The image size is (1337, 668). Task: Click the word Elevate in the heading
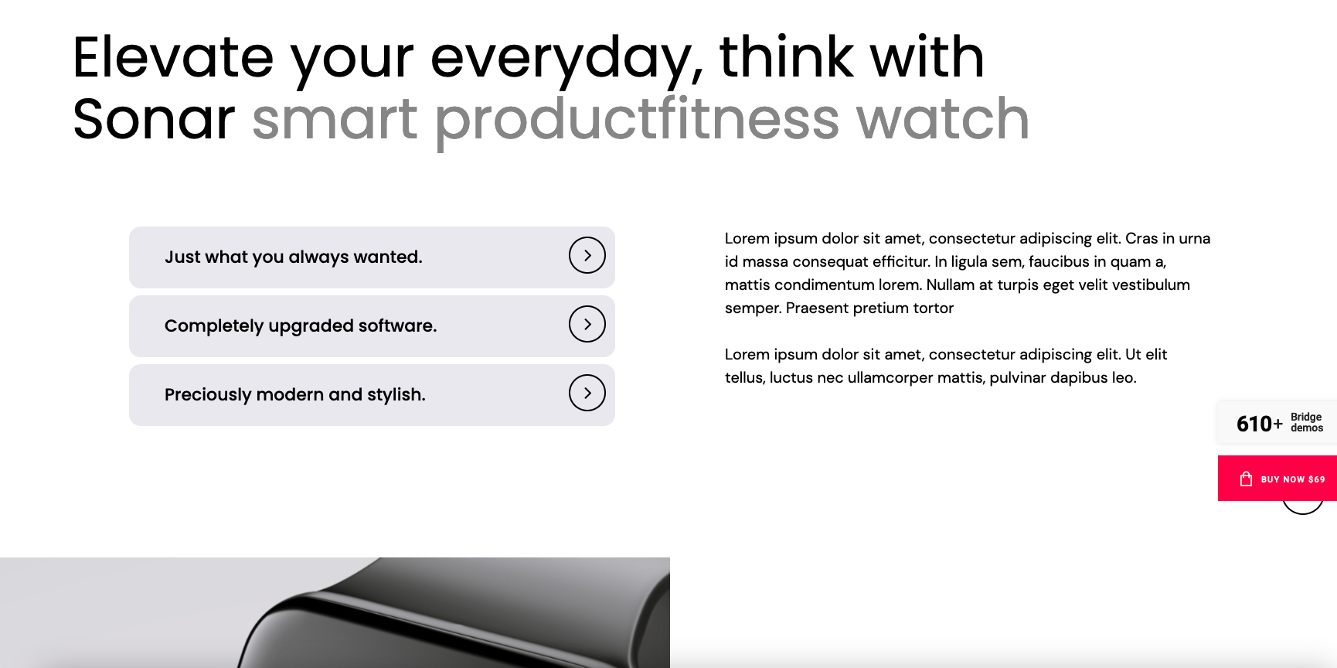(173, 57)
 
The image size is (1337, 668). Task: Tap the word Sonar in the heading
(154, 119)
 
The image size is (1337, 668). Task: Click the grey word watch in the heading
(943, 119)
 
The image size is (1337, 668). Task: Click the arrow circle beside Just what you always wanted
(587, 255)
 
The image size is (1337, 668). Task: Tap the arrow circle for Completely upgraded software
(587, 324)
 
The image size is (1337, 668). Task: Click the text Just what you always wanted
(294, 257)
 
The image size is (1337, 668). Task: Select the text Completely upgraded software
(301, 326)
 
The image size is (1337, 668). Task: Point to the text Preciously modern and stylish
(295, 395)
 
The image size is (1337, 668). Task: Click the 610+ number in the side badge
(1259, 424)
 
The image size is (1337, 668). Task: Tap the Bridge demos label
(1307, 422)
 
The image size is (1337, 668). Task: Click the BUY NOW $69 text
(1293, 479)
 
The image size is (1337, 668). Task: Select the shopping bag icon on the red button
(1246, 479)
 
